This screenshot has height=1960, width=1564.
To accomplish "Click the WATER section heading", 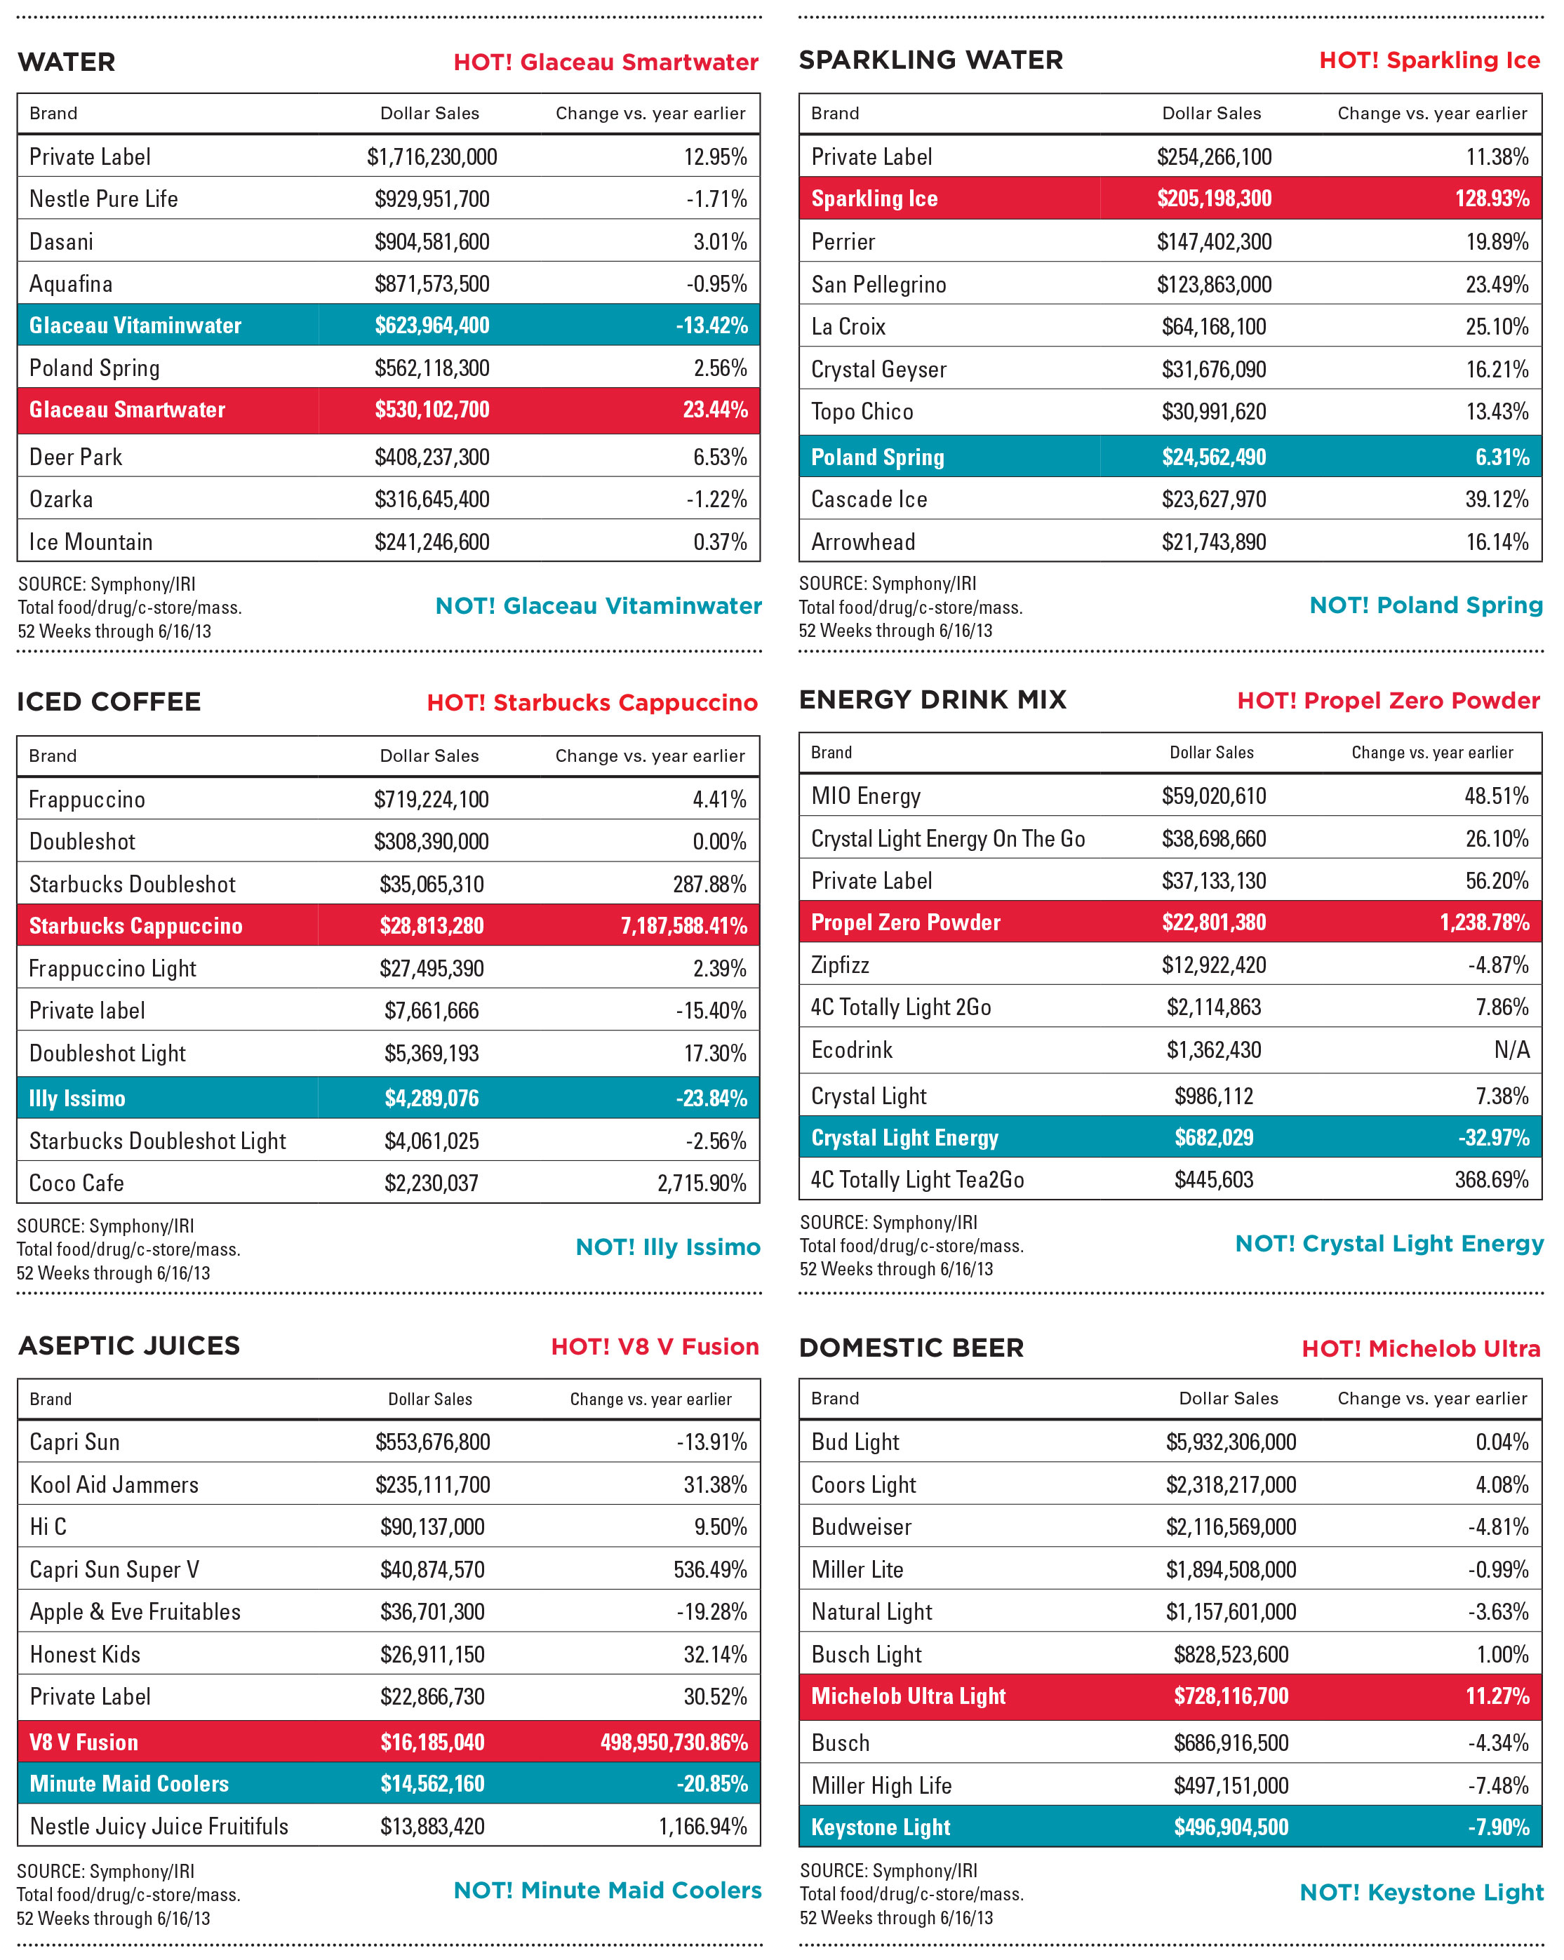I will [x=67, y=62].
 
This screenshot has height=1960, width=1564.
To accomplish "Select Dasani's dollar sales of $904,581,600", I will [x=432, y=242].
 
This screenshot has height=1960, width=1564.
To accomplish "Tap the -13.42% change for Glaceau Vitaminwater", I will [x=712, y=325].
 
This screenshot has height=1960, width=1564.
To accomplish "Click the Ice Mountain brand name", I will [x=91, y=542].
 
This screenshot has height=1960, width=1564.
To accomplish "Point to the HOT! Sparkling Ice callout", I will [x=1429, y=60].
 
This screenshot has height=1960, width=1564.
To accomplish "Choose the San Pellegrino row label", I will [x=878, y=285].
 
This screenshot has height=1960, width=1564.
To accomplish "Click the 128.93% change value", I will [x=1492, y=199].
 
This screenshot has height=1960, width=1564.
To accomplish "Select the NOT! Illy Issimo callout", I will [x=667, y=1247].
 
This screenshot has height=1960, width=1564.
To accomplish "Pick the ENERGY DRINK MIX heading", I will [x=932, y=700].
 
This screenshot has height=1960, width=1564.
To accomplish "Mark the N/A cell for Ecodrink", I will [x=1511, y=1050].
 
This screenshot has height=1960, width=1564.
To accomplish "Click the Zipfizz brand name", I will [x=840, y=965].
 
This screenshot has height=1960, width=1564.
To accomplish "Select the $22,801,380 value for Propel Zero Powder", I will [x=1214, y=922].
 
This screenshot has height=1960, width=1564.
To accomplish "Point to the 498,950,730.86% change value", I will [x=674, y=1742].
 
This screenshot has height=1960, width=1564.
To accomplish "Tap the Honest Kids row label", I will [x=86, y=1655].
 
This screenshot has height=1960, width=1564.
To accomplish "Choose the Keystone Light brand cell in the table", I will [x=880, y=1827].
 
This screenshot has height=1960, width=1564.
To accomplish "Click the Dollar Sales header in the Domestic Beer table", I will [x=1229, y=1398].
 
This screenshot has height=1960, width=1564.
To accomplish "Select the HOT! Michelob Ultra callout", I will [x=1420, y=1348].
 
